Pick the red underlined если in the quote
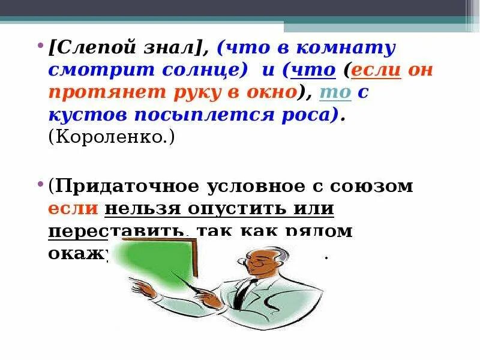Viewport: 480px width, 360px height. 376,70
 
